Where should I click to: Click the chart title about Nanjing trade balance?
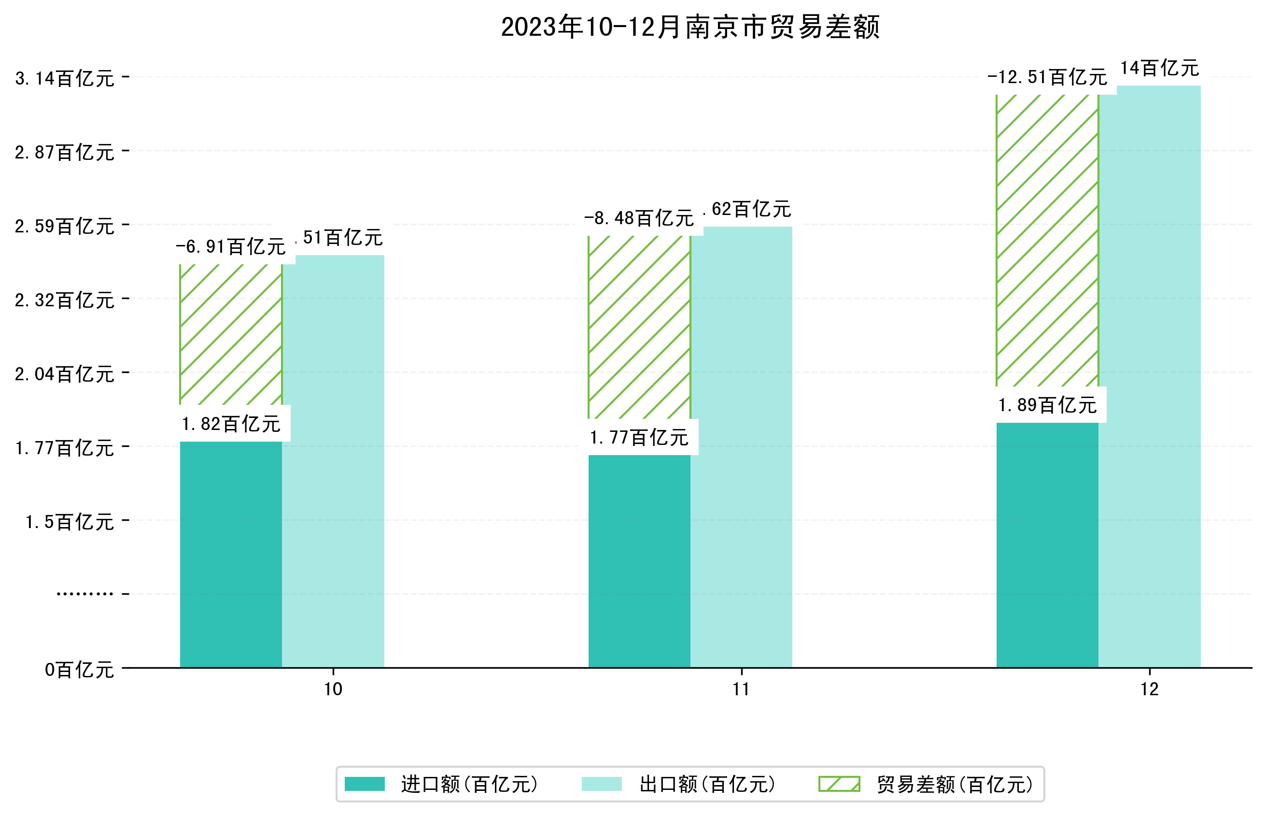[x=690, y=27]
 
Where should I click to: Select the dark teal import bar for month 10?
[x=231, y=554]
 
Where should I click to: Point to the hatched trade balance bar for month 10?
[x=231, y=334]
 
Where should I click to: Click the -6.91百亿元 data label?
[x=231, y=247]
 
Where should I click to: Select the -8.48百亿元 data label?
[x=639, y=218]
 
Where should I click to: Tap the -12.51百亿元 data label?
[x=1047, y=78]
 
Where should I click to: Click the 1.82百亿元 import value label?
[x=231, y=424]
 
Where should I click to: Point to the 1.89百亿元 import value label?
[x=1047, y=405]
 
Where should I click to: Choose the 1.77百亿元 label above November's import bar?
[x=639, y=438]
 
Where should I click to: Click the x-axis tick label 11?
[x=741, y=689]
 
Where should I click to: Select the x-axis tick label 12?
[x=1150, y=689]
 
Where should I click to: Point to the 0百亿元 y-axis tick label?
[x=79, y=670]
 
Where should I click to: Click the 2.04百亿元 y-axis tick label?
[x=65, y=374]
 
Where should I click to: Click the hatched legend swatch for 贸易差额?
[x=839, y=784]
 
